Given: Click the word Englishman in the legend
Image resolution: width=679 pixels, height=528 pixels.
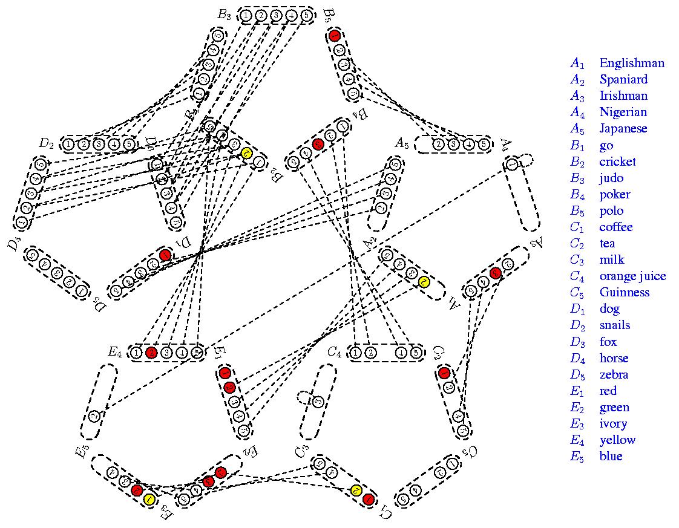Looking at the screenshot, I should [631, 63].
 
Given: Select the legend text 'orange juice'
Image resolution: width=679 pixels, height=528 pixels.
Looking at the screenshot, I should [632, 276].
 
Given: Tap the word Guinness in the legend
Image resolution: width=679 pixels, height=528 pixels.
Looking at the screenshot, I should [624, 292].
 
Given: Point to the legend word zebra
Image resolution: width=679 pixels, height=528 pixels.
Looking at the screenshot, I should [614, 374].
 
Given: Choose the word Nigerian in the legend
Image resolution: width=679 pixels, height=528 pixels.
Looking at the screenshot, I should [623, 112].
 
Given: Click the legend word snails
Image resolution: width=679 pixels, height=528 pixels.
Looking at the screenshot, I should [614, 325].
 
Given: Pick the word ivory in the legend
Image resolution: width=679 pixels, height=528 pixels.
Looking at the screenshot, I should [613, 423].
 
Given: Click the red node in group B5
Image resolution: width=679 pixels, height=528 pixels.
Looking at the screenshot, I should [335, 36].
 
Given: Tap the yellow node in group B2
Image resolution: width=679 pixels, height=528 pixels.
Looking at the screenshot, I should [246, 154].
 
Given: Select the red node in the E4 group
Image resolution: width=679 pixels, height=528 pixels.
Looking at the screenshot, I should [151, 353].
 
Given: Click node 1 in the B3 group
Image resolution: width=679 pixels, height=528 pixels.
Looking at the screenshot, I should [246, 16].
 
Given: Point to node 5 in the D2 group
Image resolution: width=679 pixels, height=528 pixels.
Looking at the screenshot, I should [128, 145].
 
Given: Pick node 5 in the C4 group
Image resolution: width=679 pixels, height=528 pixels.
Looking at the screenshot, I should [415, 353].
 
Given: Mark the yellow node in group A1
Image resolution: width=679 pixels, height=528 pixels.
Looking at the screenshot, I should [424, 281].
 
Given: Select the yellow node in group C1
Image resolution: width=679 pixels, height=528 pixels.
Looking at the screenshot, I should [356, 491].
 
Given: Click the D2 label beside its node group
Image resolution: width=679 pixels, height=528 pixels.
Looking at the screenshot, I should [47, 143].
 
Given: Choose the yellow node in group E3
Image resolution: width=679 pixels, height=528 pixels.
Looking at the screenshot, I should [149, 499].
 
